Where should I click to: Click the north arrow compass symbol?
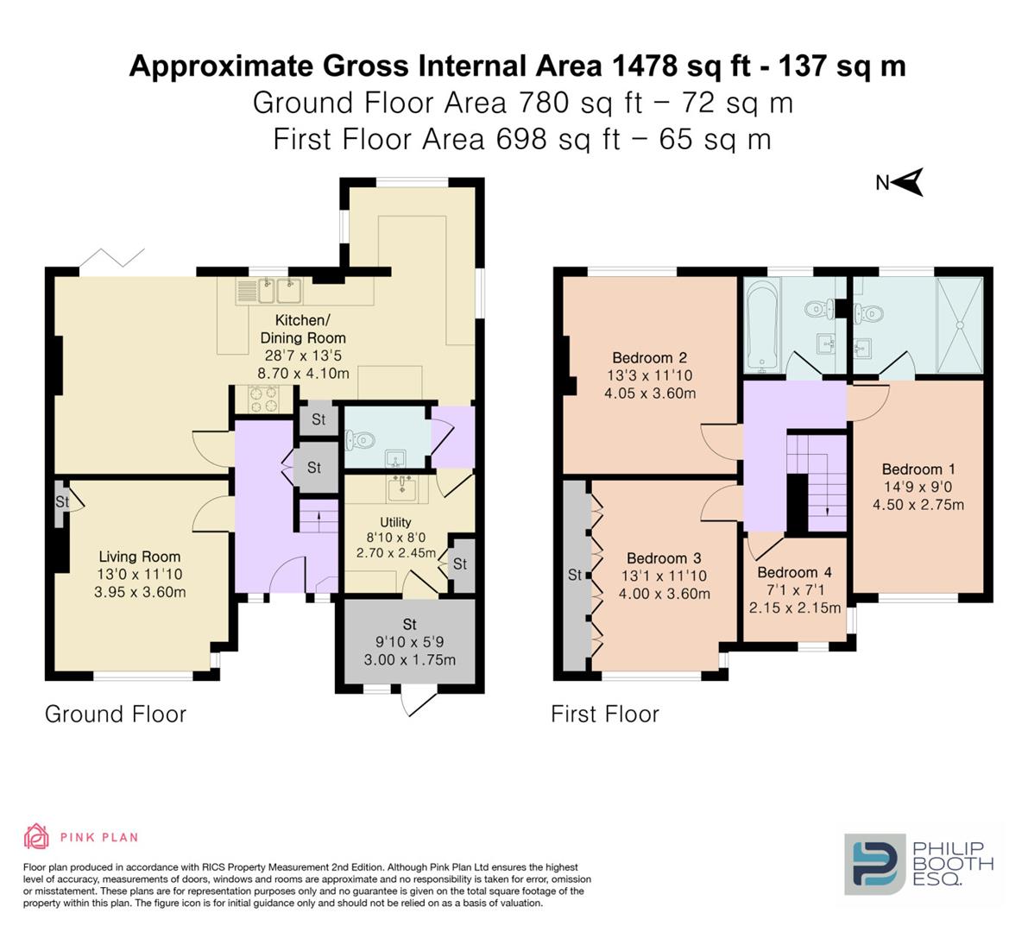click(x=908, y=181)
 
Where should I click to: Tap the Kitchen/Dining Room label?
click(x=303, y=329)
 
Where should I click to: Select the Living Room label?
click(x=140, y=557)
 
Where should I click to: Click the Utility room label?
click(x=395, y=522)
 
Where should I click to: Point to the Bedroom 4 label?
click(x=795, y=572)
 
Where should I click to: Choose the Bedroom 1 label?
click(x=918, y=469)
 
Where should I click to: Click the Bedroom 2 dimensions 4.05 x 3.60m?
click(x=650, y=394)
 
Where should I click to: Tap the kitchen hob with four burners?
click(x=263, y=400)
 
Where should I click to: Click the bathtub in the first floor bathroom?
click(x=761, y=324)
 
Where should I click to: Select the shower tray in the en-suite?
click(x=961, y=324)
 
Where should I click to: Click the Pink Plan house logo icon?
click(x=37, y=836)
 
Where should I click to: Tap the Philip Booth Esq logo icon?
click(x=875, y=865)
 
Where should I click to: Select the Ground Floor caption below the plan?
click(x=116, y=714)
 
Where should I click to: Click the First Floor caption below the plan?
click(x=605, y=714)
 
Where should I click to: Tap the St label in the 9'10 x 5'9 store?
click(x=410, y=624)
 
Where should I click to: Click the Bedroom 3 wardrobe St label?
click(x=575, y=575)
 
